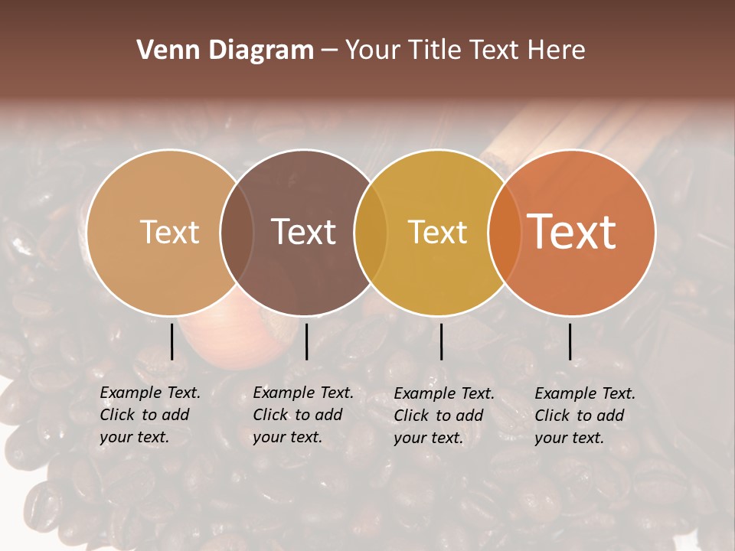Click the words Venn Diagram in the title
[225, 51]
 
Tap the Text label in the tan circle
[169, 232]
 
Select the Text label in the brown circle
[303, 232]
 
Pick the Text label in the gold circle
[437, 232]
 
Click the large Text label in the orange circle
[572, 232]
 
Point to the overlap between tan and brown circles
[237, 232]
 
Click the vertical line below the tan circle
[171, 341]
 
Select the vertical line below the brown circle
[306, 341]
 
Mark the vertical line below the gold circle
[441, 341]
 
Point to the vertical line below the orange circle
[570, 341]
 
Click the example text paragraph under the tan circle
[149, 415]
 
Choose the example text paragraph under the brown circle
[302, 415]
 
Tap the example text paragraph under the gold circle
[443, 416]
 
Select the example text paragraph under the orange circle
[584, 416]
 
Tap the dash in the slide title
[329, 51]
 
